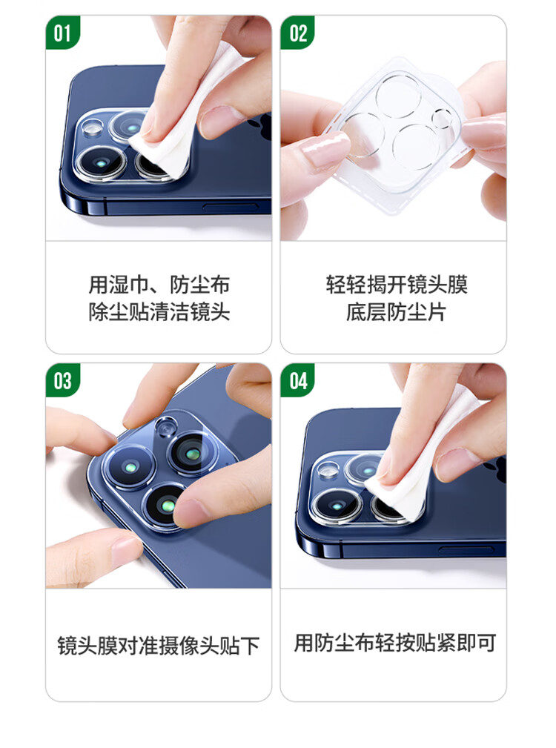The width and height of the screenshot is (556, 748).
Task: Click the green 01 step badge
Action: pyautogui.click(x=62, y=32)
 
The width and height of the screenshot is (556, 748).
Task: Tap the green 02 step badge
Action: pyautogui.click(x=297, y=32)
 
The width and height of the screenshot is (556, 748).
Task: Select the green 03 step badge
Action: pyautogui.click(x=62, y=380)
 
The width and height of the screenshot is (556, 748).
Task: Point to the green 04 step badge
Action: pyautogui.click(x=297, y=380)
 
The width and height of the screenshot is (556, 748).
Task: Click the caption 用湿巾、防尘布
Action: pyautogui.click(x=159, y=285)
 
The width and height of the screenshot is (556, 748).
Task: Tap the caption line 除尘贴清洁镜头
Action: pyautogui.click(x=159, y=312)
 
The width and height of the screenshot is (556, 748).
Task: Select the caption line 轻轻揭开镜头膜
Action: pyautogui.click(x=397, y=285)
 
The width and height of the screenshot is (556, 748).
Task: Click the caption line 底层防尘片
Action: pyautogui.click(x=397, y=312)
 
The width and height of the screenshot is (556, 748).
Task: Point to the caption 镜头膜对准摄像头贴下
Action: pyautogui.click(x=159, y=646)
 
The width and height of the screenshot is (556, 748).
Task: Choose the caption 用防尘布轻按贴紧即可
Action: pyautogui.click(x=395, y=643)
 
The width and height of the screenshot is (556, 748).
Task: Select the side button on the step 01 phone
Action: pyautogui.click(x=231, y=207)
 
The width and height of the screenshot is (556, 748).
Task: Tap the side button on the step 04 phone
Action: pyautogui.click(x=466, y=551)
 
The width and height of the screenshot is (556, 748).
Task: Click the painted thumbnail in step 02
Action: pyautogui.click(x=325, y=149)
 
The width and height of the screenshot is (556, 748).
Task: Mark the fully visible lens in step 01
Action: pyautogui.click(x=101, y=164)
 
